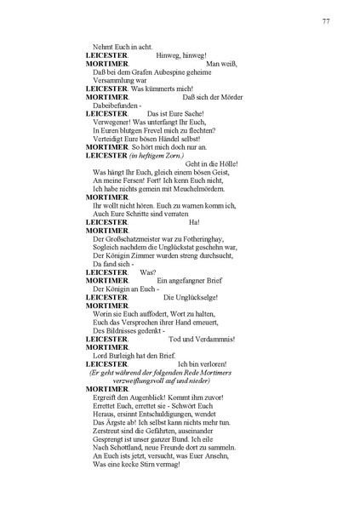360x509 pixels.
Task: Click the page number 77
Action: [326, 21]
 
